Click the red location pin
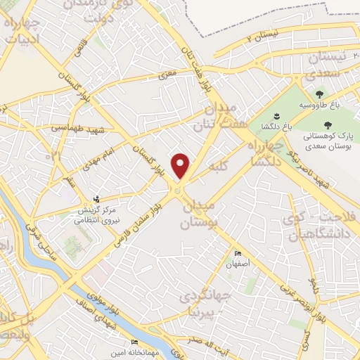click(181, 165)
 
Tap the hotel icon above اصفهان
click(238, 254)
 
